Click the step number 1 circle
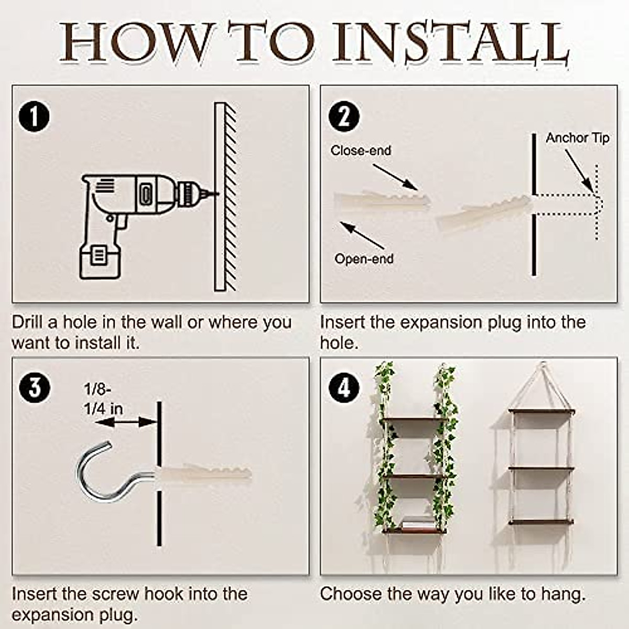(x=34, y=116)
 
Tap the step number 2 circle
(x=344, y=116)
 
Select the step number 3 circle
(x=34, y=388)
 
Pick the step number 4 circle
(x=344, y=388)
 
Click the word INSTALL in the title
(x=450, y=44)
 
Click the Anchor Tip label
(x=578, y=138)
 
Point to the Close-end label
(x=361, y=150)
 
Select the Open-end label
(x=364, y=259)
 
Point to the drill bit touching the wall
(x=210, y=194)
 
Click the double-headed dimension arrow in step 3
(x=126, y=422)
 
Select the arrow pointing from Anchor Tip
(x=579, y=171)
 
